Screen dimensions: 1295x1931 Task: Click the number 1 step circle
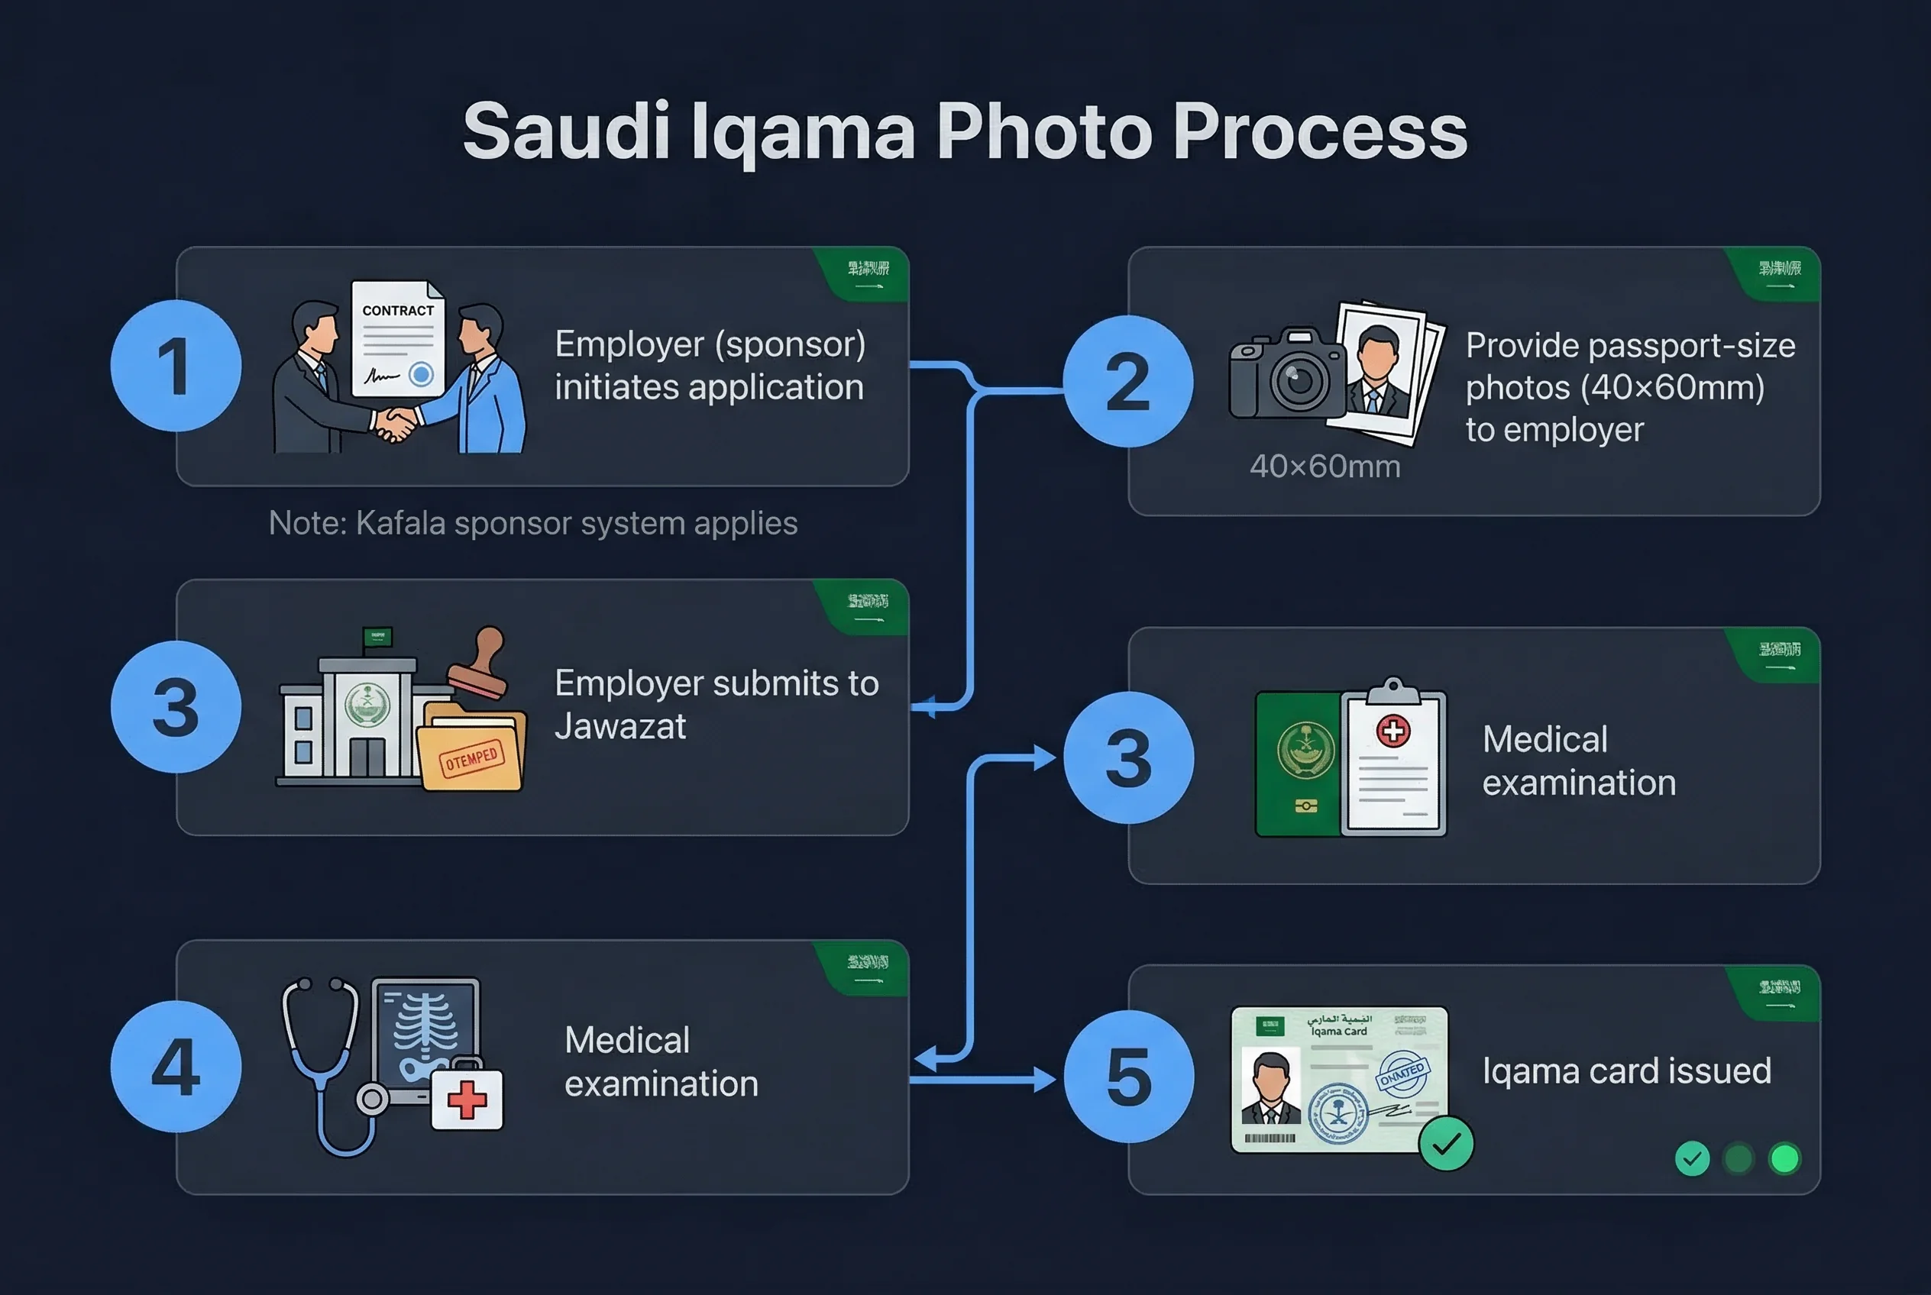tap(176, 366)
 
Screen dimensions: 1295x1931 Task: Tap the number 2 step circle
tap(1128, 382)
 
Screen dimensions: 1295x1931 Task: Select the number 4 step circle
tap(176, 1066)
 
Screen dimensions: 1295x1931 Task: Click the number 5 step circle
tap(1129, 1076)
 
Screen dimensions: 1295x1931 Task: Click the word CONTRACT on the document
tap(397, 311)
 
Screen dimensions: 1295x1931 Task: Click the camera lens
tap(1298, 381)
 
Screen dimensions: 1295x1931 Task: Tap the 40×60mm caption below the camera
tap(1325, 467)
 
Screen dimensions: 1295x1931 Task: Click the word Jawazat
tap(619, 727)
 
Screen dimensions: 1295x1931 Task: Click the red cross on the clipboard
tap(1393, 731)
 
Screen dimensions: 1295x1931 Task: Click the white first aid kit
tap(467, 1100)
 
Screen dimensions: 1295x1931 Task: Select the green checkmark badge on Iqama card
tap(1446, 1144)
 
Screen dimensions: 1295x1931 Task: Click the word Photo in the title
tap(1043, 132)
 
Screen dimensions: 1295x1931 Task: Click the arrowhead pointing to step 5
tap(1045, 1080)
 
